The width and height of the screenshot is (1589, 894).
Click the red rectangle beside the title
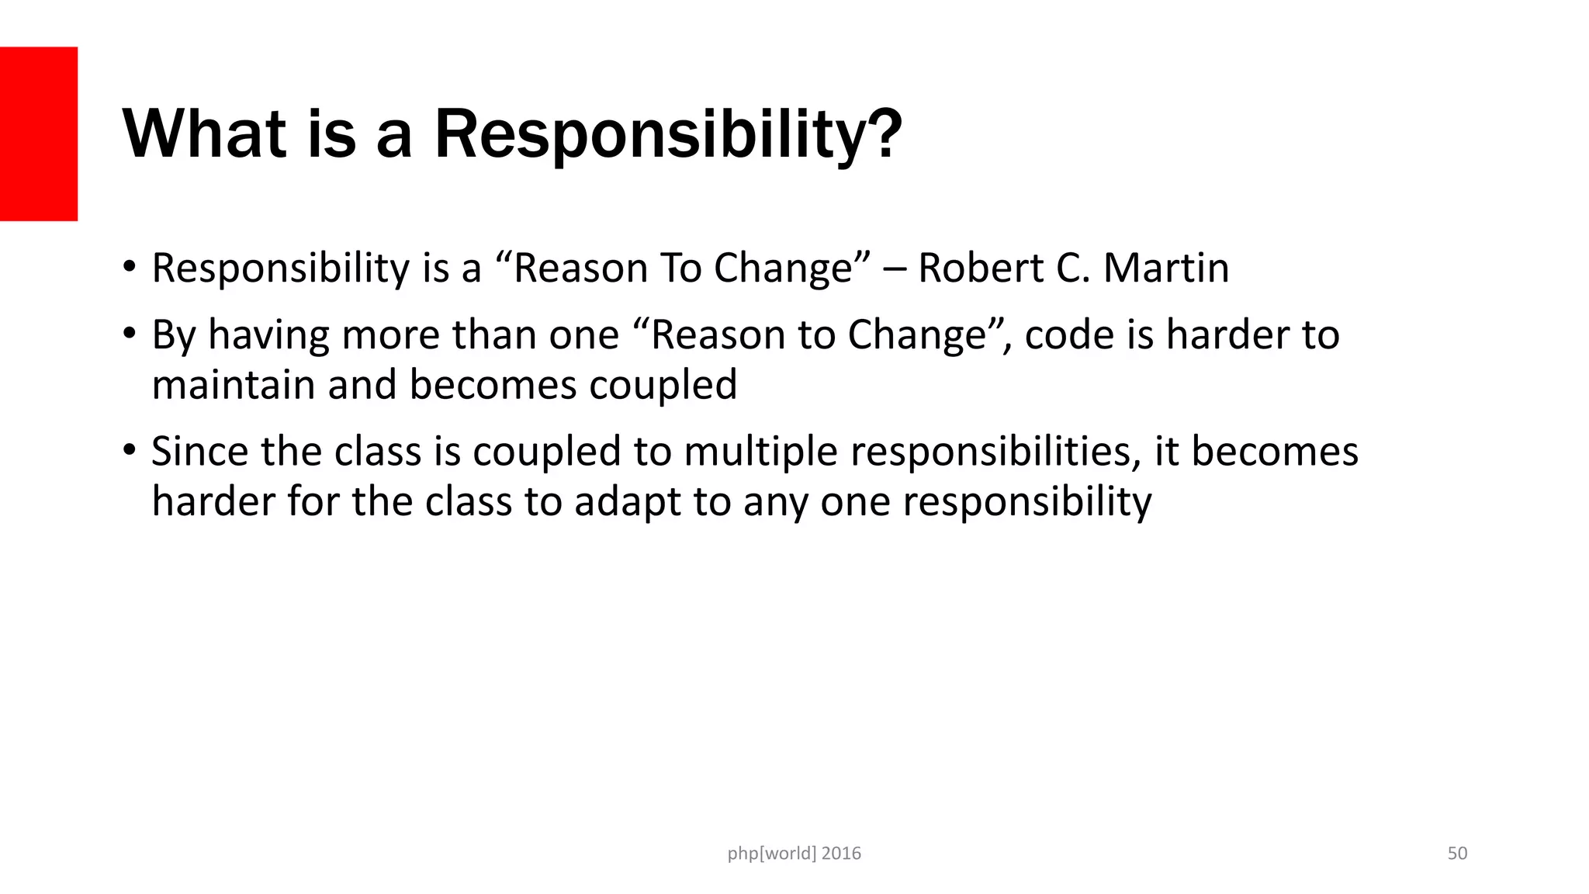(39, 133)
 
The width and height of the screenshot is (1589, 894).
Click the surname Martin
(1166, 269)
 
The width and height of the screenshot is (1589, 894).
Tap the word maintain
(234, 385)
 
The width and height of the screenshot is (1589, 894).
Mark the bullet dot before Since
(130, 450)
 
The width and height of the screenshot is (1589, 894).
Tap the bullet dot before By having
(130, 334)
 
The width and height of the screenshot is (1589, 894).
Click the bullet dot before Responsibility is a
(130, 267)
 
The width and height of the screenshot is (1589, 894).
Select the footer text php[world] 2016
(794, 854)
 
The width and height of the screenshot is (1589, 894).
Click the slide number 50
(1457, 854)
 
